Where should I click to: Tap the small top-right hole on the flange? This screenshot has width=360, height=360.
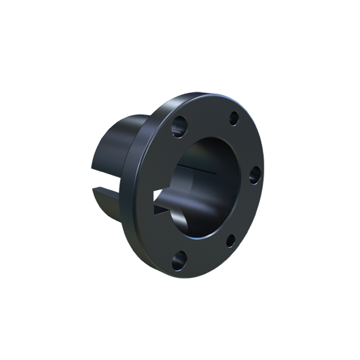click(233, 120)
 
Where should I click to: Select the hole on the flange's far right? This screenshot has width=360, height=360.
click(253, 174)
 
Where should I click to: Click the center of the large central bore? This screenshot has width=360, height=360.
click(209, 184)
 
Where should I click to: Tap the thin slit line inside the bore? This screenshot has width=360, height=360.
click(198, 167)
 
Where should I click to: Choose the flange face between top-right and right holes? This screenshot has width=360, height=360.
click(248, 144)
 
